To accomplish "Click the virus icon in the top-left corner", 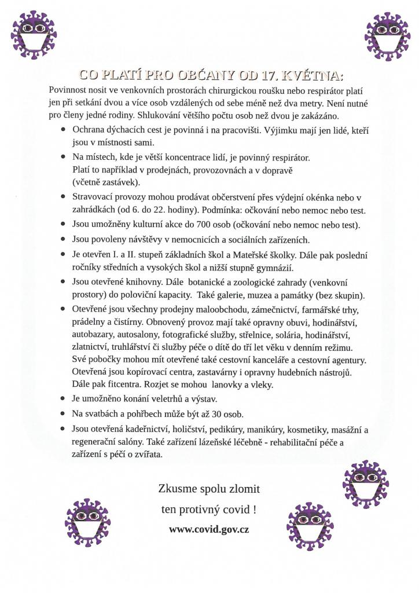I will [34, 34].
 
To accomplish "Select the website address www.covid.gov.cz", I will [209, 529].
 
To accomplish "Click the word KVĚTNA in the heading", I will [314, 75].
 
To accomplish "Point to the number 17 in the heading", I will [269, 75].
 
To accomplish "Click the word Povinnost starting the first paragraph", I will [69, 91].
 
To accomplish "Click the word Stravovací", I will [94, 197].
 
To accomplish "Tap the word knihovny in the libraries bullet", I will [147, 282].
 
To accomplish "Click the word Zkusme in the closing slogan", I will [177, 489].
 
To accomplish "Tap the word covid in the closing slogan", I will [231, 510].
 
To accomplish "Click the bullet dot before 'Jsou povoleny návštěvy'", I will [63, 239].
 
